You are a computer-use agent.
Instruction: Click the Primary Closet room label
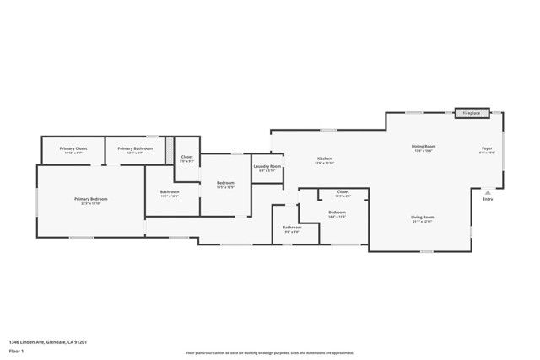point(73,148)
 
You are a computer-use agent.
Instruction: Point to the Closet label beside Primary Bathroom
point(186,157)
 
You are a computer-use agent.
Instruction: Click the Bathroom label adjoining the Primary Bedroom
point(170,191)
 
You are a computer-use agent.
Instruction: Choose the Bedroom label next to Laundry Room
point(225,183)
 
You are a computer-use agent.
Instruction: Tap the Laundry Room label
point(267,168)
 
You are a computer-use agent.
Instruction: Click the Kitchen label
point(324,159)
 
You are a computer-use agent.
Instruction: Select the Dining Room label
point(424,147)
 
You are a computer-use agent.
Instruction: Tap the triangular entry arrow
point(487,191)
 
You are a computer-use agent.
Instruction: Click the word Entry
point(488,199)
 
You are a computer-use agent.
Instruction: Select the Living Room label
point(422,218)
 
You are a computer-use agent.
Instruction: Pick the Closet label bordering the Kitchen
point(343,192)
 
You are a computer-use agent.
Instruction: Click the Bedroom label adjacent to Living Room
point(337,212)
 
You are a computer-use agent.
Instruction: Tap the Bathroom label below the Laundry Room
point(292,227)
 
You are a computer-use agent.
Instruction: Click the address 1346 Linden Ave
point(48,341)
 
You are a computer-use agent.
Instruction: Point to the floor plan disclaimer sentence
point(270,353)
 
